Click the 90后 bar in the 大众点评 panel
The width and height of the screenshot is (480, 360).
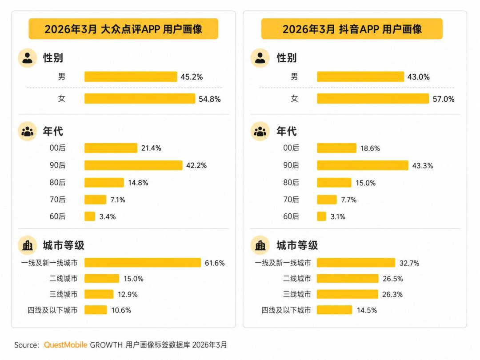pyautogui.click(x=133, y=165)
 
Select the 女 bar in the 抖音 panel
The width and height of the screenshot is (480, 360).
pyautogui.click(x=373, y=99)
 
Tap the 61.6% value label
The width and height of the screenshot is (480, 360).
pyautogui.click(x=215, y=263)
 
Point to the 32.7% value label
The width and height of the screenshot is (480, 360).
pyautogui.click(x=409, y=263)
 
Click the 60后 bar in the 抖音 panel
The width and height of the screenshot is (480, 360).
pyautogui.click(x=321, y=216)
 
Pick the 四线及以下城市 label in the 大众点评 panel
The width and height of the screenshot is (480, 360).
pyautogui.click(x=52, y=310)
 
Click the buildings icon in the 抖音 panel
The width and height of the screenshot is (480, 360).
pyautogui.click(x=260, y=245)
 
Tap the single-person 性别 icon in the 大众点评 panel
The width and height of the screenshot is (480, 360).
pyautogui.click(x=27, y=58)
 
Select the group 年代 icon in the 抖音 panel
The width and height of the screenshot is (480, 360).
pyautogui.click(x=260, y=131)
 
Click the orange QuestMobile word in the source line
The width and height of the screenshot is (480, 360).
pyautogui.click(x=65, y=345)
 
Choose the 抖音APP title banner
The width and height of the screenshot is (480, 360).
pyautogui.click(x=352, y=29)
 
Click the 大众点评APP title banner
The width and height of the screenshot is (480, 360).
pyautogui.click(x=124, y=29)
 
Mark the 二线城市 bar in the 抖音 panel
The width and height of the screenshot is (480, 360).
pyautogui.click(x=348, y=279)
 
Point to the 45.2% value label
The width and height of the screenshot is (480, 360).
pyautogui.click(x=192, y=77)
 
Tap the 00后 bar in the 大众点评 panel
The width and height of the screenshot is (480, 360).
pyautogui.click(x=111, y=148)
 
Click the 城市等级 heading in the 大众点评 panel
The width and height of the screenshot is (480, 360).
pyautogui.click(x=64, y=245)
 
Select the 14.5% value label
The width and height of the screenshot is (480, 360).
pyautogui.click(x=367, y=310)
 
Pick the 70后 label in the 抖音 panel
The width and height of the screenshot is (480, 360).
pyautogui.click(x=291, y=200)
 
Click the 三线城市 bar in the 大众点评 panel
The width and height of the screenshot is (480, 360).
pyautogui.click(x=99, y=294)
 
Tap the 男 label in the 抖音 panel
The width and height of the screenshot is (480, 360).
pyautogui.click(x=294, y=76)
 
